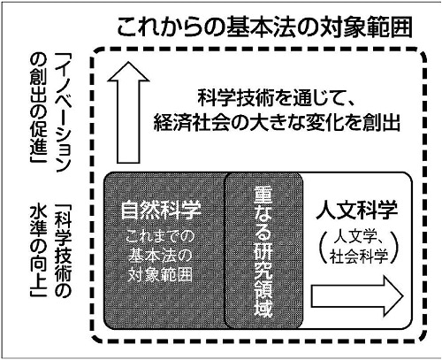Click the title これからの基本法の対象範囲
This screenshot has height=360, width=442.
pos(264,27)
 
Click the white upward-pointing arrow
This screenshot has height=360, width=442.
pos(128,112)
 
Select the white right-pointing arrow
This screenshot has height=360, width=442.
pos(357,296)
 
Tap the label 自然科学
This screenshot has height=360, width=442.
pos(161,210)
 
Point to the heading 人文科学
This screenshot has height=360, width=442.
pos(357,210)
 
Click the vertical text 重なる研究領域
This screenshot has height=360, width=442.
pos(263,251)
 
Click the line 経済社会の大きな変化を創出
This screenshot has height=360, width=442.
pos(277,122)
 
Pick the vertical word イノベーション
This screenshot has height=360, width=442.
pos(62,113)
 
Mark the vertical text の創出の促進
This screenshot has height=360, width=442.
pos(38,108)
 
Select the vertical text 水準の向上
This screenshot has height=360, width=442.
pos(38,250)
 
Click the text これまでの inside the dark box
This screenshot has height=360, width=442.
pos(160,237)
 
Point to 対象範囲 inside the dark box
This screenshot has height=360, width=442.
pos(160,275)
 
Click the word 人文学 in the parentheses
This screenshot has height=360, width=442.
pos(354,237)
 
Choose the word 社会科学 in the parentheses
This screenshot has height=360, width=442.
pos(359,257)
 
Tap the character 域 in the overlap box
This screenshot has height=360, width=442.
pos(263,308)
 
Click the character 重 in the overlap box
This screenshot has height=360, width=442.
pos(263,195)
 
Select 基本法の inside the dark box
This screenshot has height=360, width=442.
pos(160,256)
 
